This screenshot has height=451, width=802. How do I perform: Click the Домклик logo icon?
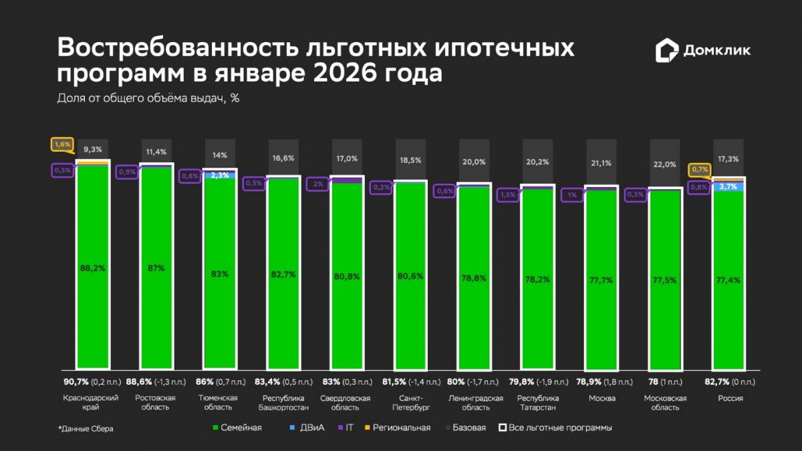point(666,50)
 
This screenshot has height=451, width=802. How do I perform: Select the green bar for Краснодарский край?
point(92,301)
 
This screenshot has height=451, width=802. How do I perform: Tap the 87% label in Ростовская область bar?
point(156,267)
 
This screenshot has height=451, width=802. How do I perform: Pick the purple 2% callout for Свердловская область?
point(317,184)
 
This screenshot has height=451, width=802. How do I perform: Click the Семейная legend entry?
point(237,428)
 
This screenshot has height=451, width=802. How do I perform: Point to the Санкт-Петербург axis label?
point(410,402)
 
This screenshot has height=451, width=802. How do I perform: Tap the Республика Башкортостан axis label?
point(283,402)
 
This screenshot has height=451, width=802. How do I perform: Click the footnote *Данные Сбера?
point(86,429)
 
